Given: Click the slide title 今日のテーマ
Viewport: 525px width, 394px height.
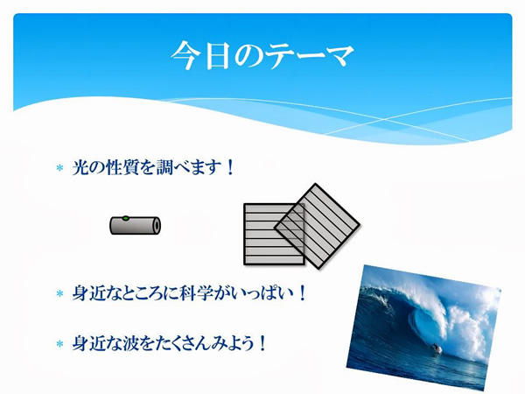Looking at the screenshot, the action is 262,56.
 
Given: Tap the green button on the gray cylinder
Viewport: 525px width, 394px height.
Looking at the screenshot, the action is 125,218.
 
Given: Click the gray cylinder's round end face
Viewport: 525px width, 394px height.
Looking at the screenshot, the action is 157,226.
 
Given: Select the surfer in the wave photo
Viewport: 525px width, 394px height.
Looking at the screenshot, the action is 436,348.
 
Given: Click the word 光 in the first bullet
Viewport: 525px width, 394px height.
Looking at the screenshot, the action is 80,167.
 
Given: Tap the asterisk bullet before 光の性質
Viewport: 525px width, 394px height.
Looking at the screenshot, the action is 59,168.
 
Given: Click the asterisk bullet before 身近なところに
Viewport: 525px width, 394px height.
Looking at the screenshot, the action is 59,294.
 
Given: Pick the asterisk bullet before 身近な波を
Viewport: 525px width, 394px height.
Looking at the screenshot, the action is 59,344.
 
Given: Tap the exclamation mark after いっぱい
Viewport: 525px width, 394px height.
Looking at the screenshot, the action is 302,293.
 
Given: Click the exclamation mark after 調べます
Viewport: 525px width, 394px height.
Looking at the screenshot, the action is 229,167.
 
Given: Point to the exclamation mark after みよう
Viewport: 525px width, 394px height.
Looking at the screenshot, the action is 262,343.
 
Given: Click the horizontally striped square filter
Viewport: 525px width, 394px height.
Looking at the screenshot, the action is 274,234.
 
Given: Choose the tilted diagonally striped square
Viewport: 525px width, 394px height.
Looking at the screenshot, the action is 317,226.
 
